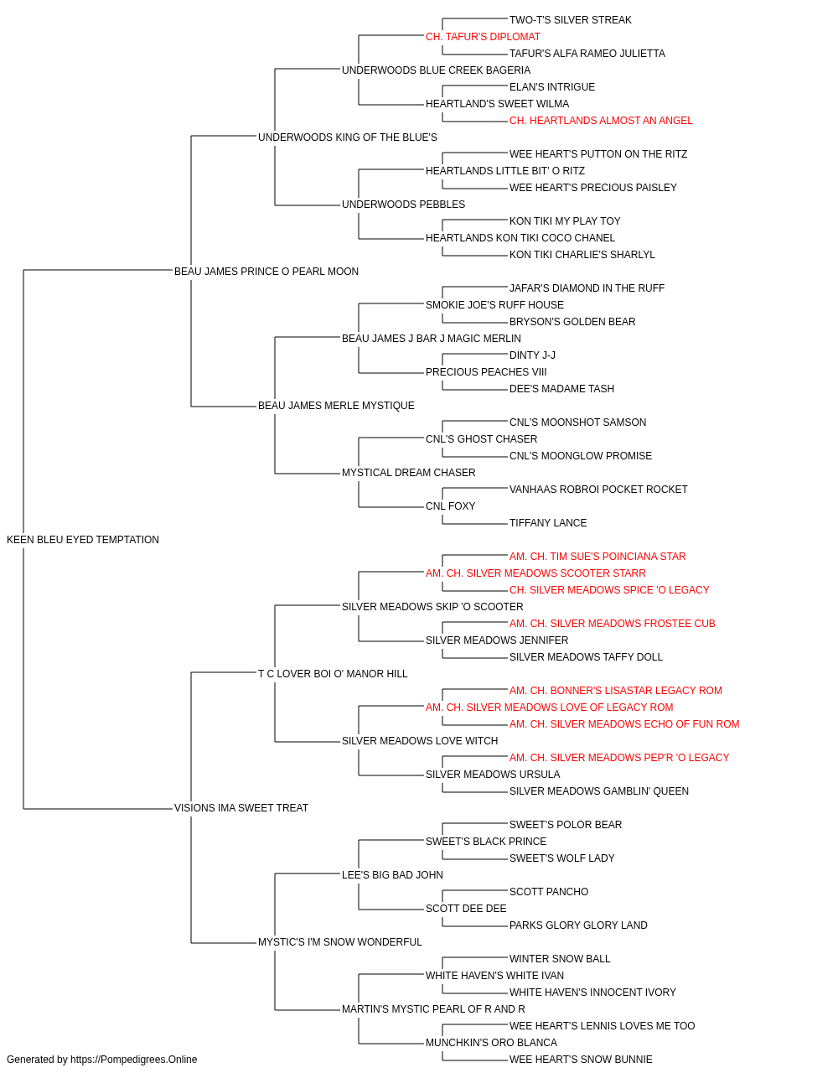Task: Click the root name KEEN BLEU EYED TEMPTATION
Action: (83, 540)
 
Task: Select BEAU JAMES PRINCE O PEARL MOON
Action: (266, 271)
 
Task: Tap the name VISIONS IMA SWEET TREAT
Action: (241, 808)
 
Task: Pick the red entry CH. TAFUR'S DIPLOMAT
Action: (484, 37)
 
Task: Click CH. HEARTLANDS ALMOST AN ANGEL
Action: (601, 121)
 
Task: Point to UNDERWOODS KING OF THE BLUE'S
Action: (348, 137)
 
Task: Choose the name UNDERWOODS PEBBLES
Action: (404, 205)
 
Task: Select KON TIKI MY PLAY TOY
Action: (565, 221)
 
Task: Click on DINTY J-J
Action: (532, 355)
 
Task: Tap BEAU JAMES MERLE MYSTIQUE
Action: (337, 406)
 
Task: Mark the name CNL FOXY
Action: (451, 506)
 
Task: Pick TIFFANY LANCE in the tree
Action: (548, 523)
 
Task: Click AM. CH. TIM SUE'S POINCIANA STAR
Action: (597, 557)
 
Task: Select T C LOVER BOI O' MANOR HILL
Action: (334, 674)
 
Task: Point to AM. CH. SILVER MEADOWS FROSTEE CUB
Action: (613, 624)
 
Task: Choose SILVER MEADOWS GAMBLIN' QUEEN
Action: (599, 791)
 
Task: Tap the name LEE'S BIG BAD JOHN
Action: (393, 875)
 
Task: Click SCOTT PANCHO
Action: (549, 892)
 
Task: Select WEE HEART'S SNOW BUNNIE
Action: (581, 1060)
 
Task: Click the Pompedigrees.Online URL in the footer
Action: (134, 1060)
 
